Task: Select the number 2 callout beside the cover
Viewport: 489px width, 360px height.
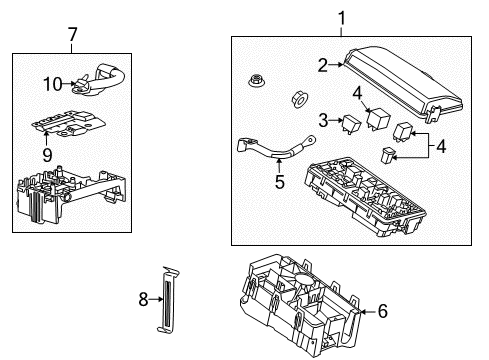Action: pos(323,66)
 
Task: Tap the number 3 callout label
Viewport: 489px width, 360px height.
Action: pos(324,120)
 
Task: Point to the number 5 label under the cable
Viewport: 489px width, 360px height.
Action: pos(280,183)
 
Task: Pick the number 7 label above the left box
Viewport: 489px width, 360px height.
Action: pos(72,37)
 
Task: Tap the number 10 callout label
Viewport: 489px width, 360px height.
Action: pos(53,83)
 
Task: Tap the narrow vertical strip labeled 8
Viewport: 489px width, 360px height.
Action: pos(169,299)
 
